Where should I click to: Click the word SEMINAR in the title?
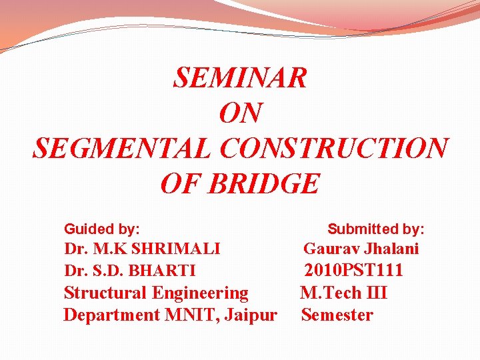240,78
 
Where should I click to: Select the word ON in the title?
240,113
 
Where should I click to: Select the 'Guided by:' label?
101,229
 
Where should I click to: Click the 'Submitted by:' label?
376,229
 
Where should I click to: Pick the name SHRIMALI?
176,249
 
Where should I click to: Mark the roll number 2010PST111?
354,271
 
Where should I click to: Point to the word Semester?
337,315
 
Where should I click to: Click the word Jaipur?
251,315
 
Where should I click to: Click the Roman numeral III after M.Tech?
375,293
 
